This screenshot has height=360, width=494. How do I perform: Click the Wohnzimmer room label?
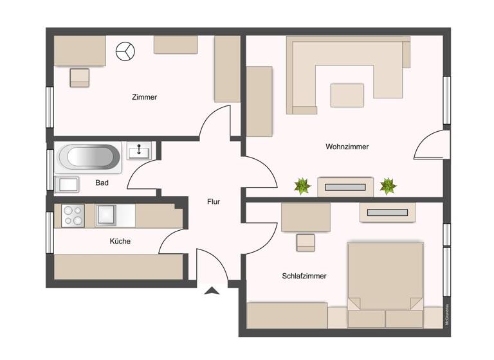pos(347,147)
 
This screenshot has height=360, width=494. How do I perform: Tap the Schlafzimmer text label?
pos(304,276)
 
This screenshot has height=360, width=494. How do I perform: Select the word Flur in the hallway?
pos(214,201)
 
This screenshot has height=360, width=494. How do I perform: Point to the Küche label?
pos(120,241)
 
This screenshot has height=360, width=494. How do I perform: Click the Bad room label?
pos(102,183)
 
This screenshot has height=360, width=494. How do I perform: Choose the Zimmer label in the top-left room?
pos(144,97)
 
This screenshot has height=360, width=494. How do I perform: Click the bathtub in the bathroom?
pos(89,157)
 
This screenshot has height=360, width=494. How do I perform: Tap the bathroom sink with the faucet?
pos(139,151)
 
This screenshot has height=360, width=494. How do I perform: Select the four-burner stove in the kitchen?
pos(73,215)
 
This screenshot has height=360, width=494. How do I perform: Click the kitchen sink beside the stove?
pos(107,215)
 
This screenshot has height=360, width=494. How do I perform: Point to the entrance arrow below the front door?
pos(212,291)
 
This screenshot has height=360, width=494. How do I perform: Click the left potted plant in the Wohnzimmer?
pos(302,186)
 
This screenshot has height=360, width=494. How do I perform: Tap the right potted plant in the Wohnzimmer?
pos(388,186)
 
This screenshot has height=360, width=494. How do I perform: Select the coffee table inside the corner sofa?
pos(347,95)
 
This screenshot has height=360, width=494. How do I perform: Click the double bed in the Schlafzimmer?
pos(385,276)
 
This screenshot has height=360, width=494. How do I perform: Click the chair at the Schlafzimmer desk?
pos(306,242)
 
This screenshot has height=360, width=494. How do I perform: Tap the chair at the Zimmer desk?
pos(80,77)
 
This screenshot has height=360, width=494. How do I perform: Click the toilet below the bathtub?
pos(67,184)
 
